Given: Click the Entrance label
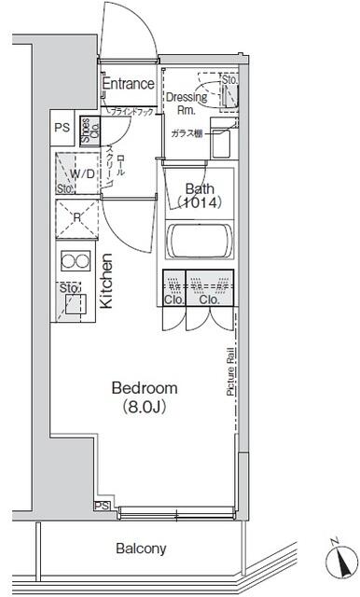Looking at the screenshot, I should [128, 84].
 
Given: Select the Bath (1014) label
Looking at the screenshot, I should [198, 193].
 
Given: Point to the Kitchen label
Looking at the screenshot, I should [106, 281].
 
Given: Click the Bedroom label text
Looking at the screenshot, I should [144, 387].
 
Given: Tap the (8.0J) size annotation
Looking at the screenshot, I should [144, 407].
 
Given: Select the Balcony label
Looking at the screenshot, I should [141, 548].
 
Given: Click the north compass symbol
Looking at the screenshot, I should [342, 560].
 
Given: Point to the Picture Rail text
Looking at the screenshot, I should [229, 372].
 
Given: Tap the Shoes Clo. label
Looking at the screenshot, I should [85, 129].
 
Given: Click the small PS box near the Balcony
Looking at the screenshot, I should [101, 505].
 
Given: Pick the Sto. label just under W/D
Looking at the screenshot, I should [64, 189].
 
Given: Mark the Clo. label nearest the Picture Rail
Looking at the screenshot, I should [209, 300].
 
